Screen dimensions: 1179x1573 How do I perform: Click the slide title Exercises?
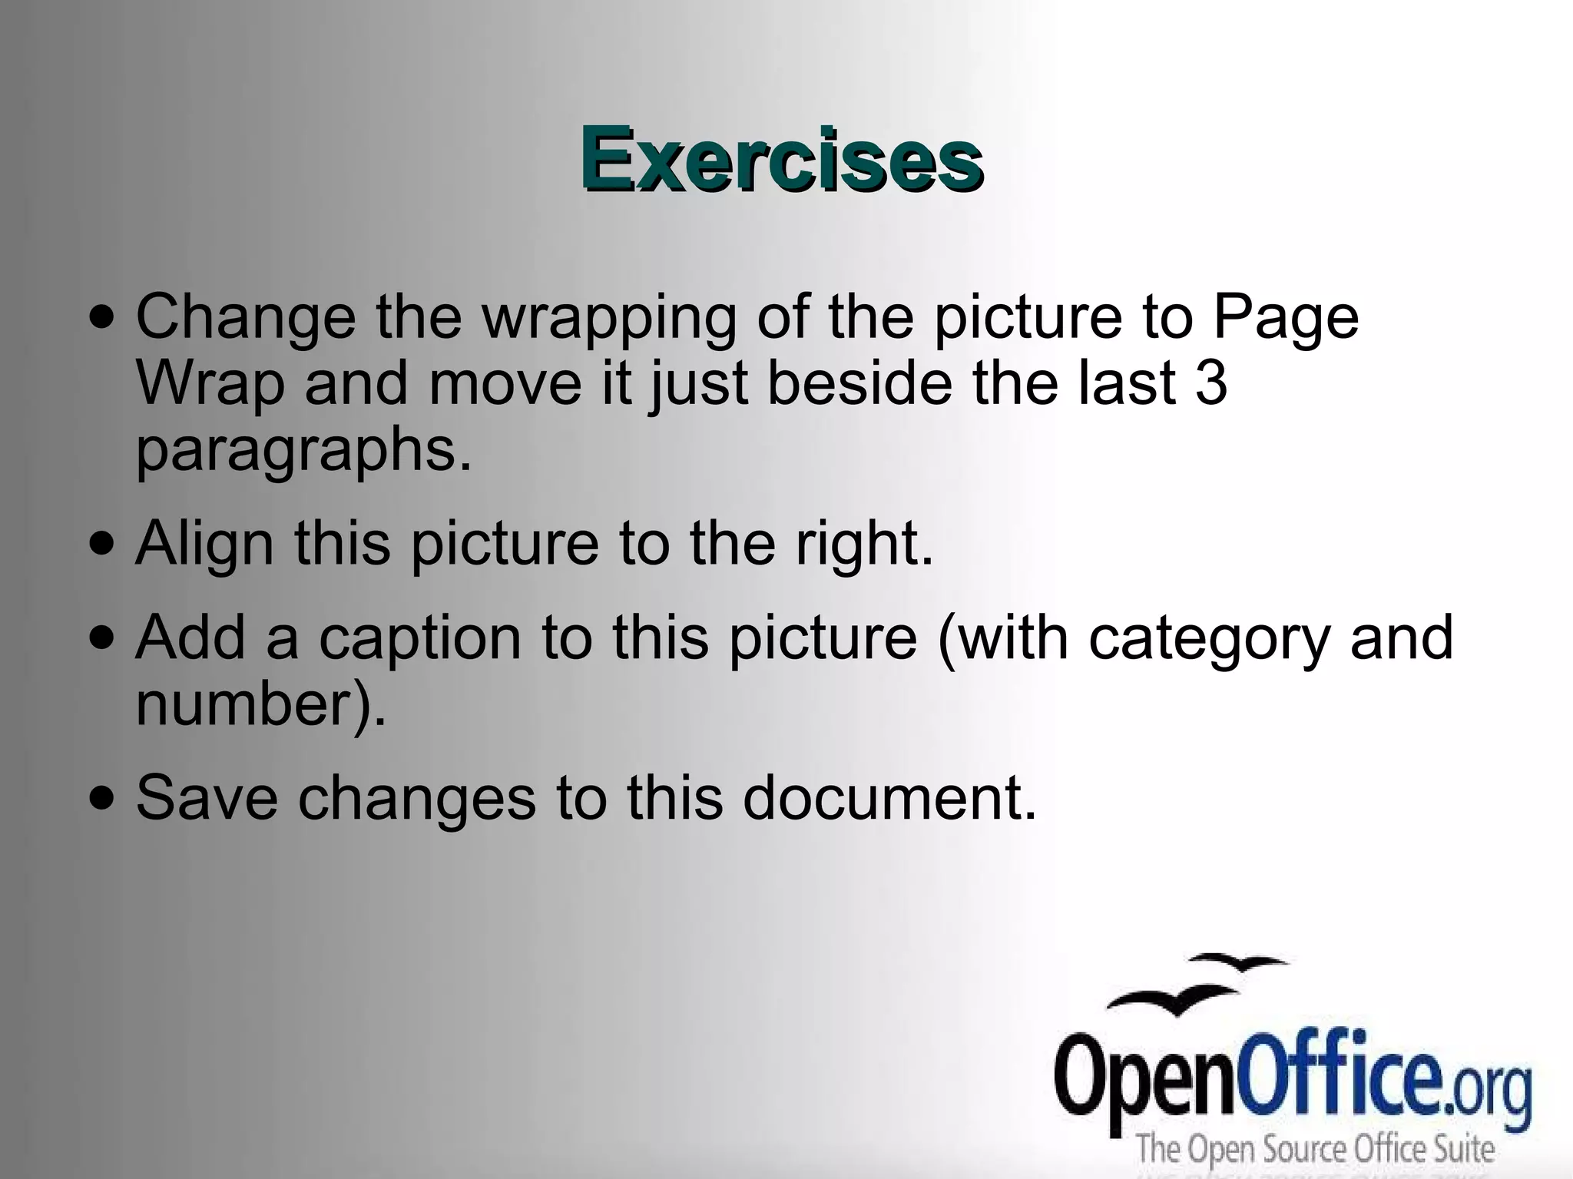(x=781, y=160)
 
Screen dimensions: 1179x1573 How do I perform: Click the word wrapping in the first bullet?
(x=608, y=318)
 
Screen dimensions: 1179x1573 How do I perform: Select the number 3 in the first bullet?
(x=1211, y=383)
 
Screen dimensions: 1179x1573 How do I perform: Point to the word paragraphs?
(x=303, y=452)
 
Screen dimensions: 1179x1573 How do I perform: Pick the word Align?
(x=204, y=544)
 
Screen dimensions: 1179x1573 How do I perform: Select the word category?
(x=1209, y=639)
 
